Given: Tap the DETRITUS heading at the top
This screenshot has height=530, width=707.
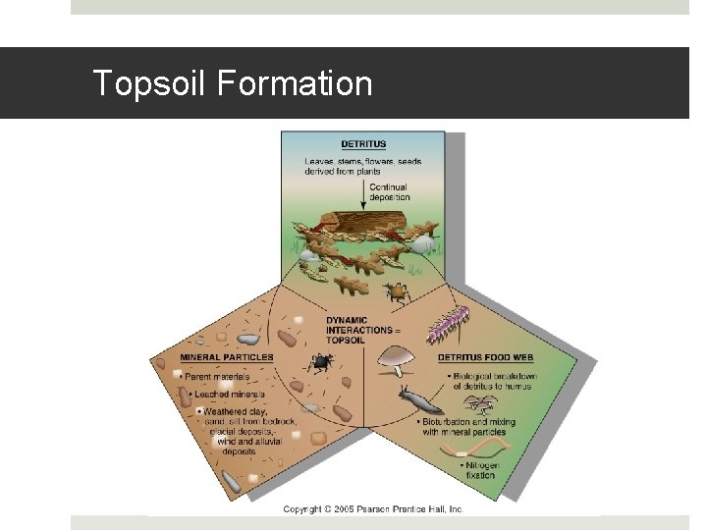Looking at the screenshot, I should [363, 145].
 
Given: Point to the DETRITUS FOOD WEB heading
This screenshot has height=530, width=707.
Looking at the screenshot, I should [486, 357].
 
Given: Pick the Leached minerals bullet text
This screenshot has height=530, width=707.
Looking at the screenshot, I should [224, 394].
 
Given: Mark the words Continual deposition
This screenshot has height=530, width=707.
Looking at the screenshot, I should [389, 191].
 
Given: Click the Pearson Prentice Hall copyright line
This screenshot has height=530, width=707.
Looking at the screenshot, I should [373, 509].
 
